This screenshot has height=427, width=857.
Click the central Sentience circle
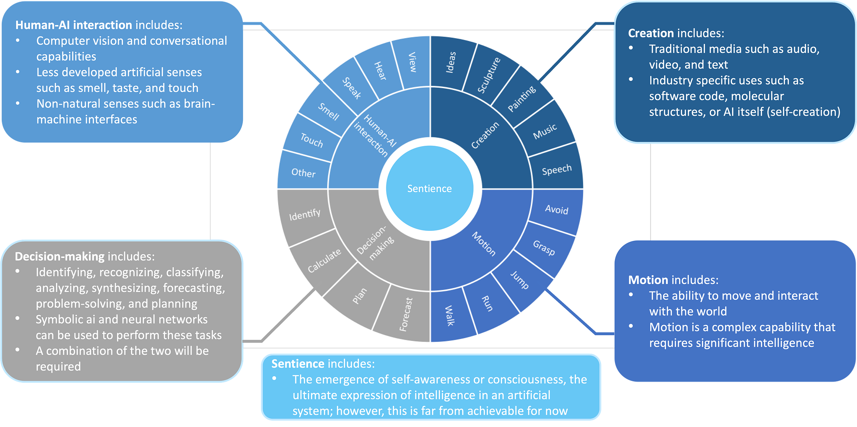430,188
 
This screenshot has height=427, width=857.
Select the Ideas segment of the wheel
451,63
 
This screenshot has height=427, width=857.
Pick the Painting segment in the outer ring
522,99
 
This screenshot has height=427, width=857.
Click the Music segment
545,131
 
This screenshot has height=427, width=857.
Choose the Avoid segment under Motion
556,210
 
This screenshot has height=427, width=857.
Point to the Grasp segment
544,248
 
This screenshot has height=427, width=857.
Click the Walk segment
450,316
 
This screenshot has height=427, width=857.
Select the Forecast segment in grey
406,314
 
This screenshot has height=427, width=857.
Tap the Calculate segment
324,261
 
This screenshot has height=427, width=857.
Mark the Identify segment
305,215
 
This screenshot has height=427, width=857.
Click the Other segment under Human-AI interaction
304,173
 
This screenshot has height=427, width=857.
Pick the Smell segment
329,112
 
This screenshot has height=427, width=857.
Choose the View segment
412,63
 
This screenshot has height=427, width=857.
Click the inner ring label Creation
485,135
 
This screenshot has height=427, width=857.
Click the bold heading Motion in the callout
648,280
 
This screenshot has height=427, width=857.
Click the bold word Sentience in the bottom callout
298,364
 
